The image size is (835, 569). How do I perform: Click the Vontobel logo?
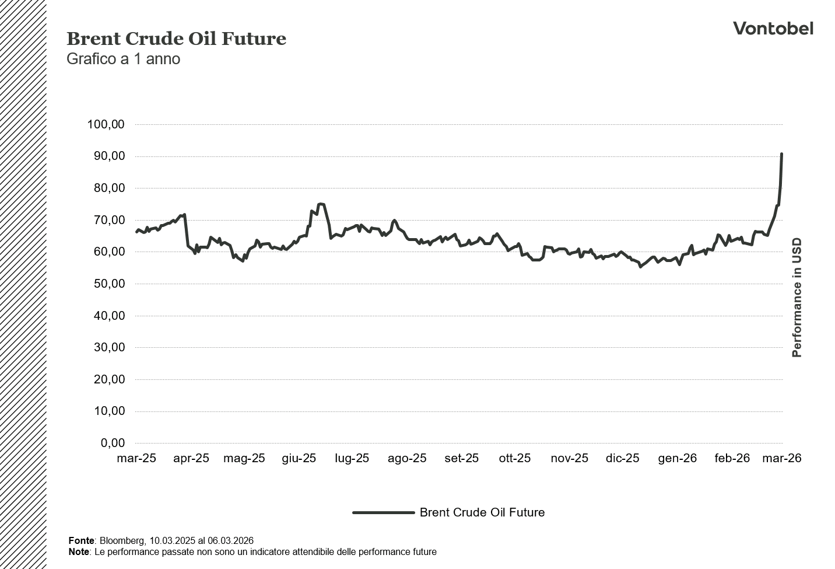773,28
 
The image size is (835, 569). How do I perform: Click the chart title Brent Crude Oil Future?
176,39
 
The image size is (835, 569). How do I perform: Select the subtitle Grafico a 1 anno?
123,59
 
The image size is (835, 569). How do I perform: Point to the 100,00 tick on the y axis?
106,124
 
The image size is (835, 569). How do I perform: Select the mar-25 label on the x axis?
136,458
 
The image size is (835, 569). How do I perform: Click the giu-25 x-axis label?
299,458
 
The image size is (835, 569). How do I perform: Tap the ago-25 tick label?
407,458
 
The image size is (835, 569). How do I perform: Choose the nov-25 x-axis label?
569,458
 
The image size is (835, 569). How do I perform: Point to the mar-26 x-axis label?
782,458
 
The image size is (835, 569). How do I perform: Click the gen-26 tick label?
677,458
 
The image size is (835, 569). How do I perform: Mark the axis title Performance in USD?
797,298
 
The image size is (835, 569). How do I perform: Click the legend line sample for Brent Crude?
383,512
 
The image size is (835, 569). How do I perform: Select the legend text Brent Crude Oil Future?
482,512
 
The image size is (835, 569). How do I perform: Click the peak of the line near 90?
781,154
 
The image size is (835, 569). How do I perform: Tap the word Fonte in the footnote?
81,541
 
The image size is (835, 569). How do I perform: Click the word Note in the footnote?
79,551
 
